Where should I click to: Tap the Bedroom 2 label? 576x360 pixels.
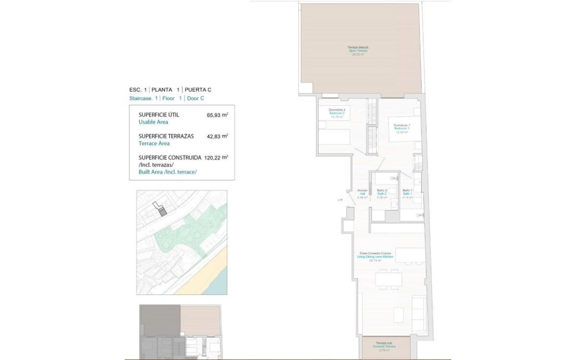pyautogui.click(x=337, y=113)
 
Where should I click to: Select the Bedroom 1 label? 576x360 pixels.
pyautogui.click(x=401, y=128)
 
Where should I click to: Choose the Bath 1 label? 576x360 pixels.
pyautogui.click(x=408, y=193)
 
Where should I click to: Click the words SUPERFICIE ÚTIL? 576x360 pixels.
pyautogui.click(x=158, y=115)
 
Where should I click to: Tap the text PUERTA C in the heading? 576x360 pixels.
pyautogui.click(x=198, y=90)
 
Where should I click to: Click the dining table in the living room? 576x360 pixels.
pyautogui.click(x=389, y=280)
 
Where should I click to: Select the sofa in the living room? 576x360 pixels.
pyautogui.click(x=419, y=313)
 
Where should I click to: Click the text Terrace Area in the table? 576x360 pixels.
pyautogui.click(x=154, y=144)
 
